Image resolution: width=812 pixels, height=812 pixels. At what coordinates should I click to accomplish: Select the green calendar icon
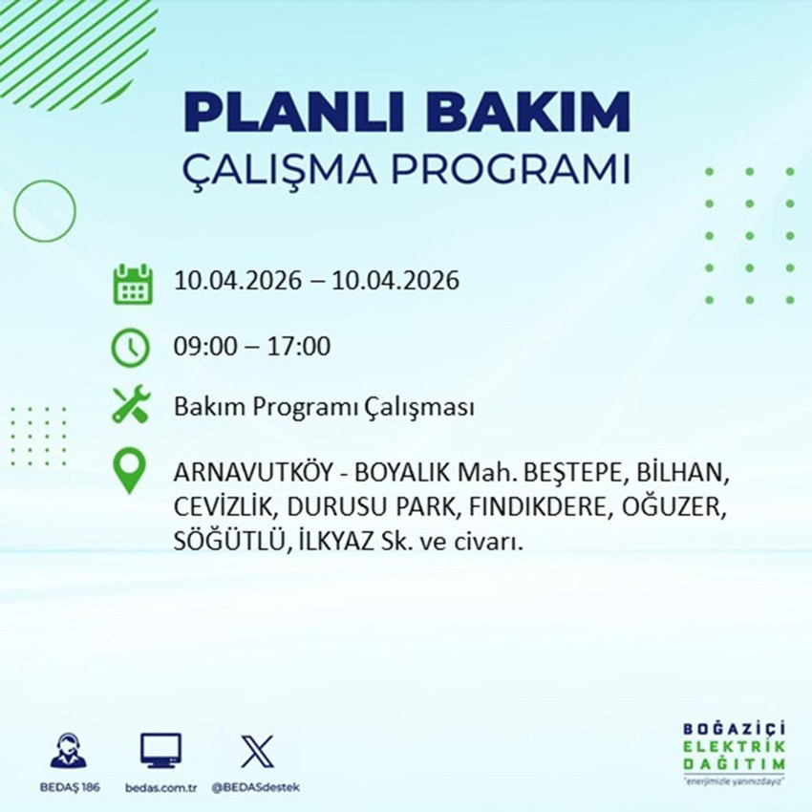point(133,284)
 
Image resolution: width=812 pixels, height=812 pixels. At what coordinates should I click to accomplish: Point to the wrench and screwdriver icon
point(130,408)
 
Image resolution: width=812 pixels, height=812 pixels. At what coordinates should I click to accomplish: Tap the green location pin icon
point(129,473)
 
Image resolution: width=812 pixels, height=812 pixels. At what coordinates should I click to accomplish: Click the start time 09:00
point(200,346)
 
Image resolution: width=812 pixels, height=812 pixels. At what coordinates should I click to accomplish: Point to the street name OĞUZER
point(677,507)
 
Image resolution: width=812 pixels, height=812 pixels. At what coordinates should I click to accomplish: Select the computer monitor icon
point(160,751)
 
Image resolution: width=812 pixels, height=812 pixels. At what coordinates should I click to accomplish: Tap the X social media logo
point(256,751)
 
